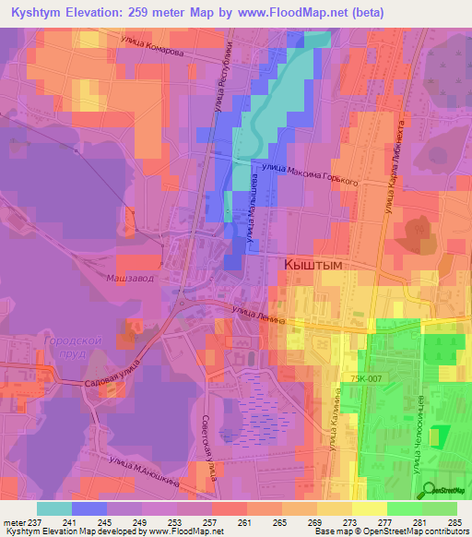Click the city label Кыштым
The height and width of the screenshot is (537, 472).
[x=310, y=265]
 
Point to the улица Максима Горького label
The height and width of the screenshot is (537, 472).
[x=310, y=174]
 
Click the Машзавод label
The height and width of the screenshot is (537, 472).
[x=127, y=278]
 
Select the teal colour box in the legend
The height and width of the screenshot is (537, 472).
[x=54, y=508]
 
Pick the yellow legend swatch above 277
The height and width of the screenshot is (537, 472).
[x=371, y=508]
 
